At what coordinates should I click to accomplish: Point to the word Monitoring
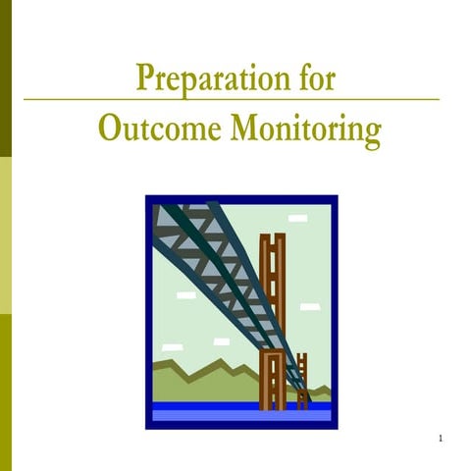tap(305, 130)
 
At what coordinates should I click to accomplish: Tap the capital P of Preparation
tap(144, 77)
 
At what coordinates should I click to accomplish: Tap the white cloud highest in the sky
tap(297, 218)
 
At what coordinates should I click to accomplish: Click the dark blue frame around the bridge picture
tap(148, 314)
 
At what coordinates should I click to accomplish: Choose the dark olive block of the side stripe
tap(6, 78)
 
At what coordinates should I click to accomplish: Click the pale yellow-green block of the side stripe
tap(6, 235)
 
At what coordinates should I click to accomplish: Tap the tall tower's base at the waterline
tap(272, 402)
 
